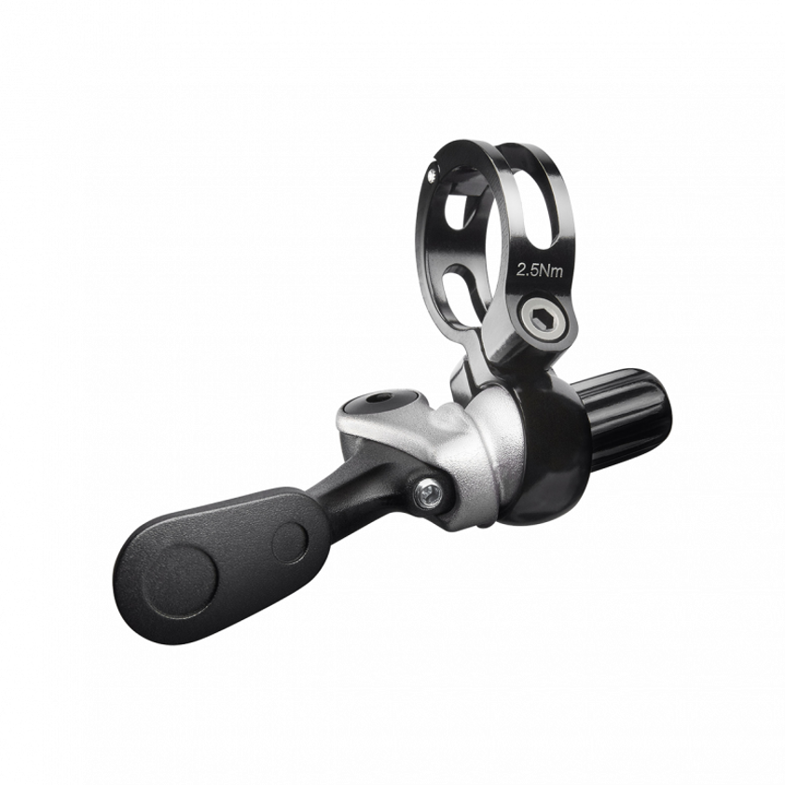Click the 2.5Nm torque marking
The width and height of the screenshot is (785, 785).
coord(540,271)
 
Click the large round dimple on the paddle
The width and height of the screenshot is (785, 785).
coord(178,581)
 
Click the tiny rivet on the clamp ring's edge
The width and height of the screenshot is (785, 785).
coord(432,174)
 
